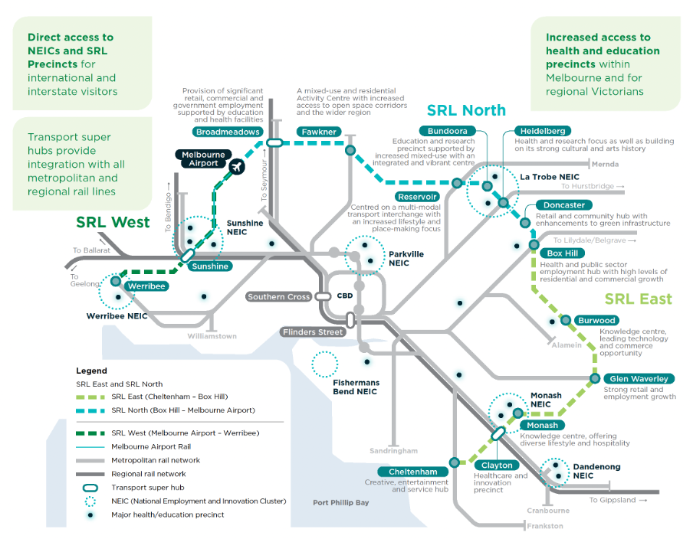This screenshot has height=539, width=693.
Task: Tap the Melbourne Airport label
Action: [204, 159]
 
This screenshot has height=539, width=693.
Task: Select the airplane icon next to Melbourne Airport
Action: [236, 166]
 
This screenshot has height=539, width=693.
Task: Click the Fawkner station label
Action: [318, 132]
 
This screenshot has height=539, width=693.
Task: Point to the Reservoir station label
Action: [417, 197]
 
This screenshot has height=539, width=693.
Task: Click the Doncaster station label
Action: [564, 205]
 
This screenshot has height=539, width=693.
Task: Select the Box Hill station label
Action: [563, 253]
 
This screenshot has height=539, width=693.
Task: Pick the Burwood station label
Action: [596, 320]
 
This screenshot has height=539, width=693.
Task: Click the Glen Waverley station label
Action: [639, 378]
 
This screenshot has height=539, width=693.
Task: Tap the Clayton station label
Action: [496, 465]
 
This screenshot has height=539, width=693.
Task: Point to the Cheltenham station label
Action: [412, 472]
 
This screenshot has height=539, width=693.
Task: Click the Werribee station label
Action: [146, 286]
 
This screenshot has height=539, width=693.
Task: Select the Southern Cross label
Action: [278, 297]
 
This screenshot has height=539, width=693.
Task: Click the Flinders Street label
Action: [311, 332]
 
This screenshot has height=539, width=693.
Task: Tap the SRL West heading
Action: [113, 223]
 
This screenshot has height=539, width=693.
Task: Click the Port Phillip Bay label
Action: [341, 503]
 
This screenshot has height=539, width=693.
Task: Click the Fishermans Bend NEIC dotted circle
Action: [325, 364]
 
